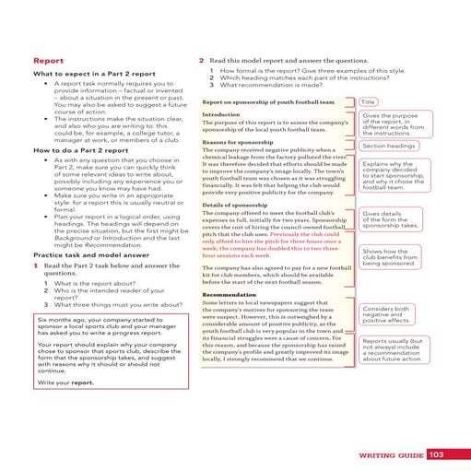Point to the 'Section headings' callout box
pyautogui.click(x=387, y=146)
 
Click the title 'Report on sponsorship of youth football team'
pyautogui.click(x=268, y=101)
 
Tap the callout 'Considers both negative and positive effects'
pyautogui.click(x=387, y=314)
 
